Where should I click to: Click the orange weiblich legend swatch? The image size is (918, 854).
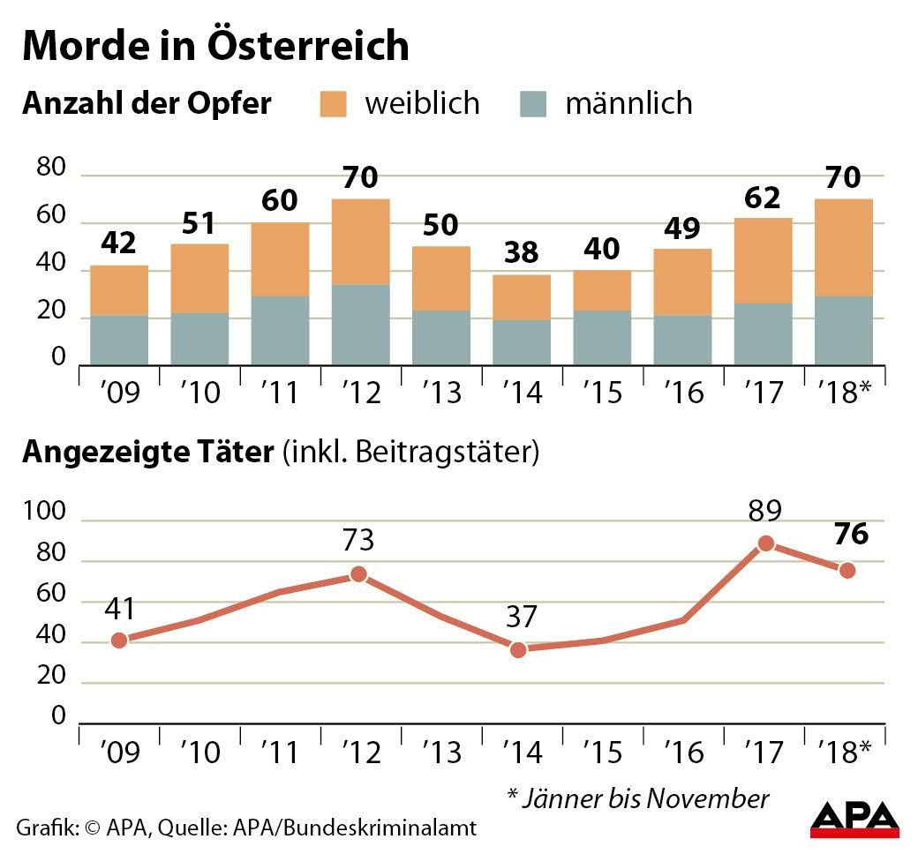(334, 103)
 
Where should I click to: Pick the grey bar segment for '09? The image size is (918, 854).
(119, 340)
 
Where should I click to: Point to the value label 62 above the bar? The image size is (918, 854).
(763, 198)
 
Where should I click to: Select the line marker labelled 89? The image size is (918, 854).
(766, 543)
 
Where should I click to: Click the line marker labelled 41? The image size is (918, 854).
(119, 640)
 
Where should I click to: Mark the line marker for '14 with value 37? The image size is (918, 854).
(518, 650)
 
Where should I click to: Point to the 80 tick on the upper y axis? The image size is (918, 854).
(53, 168)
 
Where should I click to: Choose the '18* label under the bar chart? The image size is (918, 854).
(844, 392)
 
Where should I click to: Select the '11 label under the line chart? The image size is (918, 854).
(281, 752)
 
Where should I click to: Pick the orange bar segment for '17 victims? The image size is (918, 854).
(763, 260)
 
